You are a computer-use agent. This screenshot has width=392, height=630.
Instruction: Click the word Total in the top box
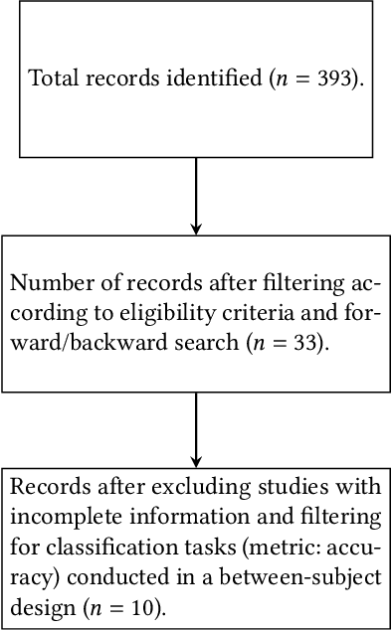click(x=52, y=79)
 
